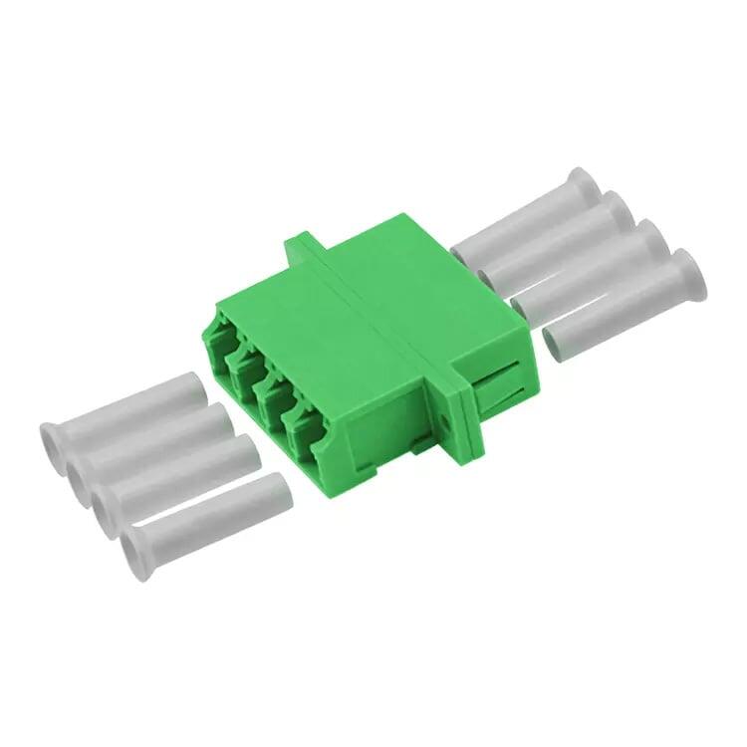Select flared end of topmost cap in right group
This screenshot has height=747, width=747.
[583, 185]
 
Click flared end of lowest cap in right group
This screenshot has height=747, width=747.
[687, 273]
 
